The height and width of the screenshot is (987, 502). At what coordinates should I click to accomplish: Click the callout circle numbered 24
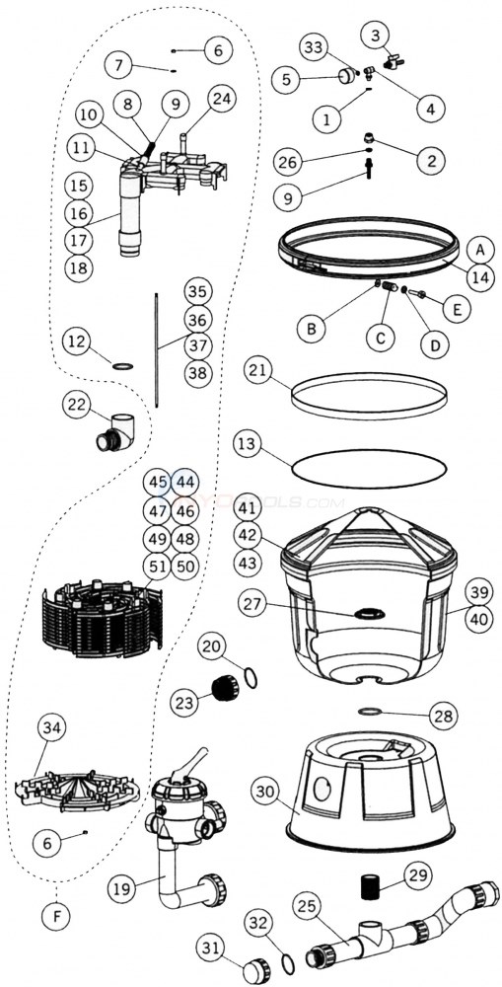(222, 99)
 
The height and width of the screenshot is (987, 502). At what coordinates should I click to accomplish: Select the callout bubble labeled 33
(314, 47)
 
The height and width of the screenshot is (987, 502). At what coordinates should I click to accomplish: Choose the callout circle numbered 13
(247, 445)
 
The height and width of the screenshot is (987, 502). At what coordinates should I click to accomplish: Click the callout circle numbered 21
(258, 371)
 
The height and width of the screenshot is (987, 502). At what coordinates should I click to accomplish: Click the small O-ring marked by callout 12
(122, 366)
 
